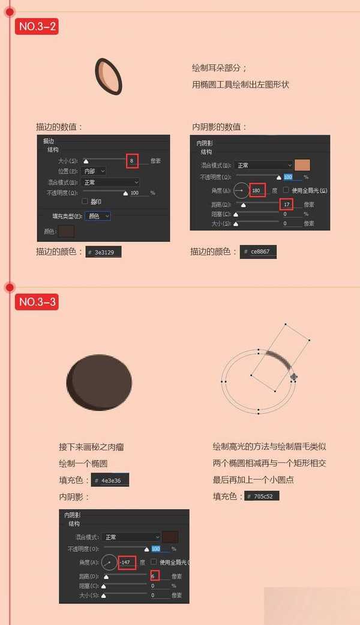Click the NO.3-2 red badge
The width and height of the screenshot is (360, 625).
click(37, 26)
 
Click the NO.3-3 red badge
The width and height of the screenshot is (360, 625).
click(37, 301)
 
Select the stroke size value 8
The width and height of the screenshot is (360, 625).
click(133, 161)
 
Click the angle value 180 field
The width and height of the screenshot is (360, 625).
click(257, 190)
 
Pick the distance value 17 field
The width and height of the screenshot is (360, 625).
click(286, 204)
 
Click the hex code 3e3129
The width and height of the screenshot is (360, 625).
click(104, 253)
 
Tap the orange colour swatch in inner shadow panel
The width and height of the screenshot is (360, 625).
click(303, 165)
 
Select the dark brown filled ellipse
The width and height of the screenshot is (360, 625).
click(99, 382)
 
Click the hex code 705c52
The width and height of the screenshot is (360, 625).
click(262, 497)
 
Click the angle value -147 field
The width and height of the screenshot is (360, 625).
click(127, 563)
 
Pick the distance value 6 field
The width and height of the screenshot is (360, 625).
click(155, 576)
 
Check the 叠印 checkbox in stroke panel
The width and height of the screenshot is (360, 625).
click(85, 201)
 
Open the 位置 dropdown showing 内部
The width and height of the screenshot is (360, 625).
click(93, 171)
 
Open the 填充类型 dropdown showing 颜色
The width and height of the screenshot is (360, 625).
click(98, 216)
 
